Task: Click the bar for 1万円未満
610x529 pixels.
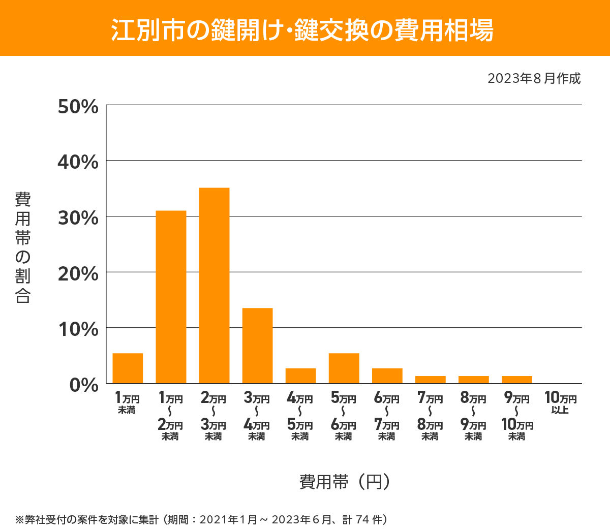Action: point(128,368)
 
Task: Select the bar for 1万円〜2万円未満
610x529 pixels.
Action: point(171,297)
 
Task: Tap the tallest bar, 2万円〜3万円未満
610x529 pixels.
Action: point(214,286)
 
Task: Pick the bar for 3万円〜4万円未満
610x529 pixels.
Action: point(257,346)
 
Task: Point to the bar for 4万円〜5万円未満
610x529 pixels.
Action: point(300,376)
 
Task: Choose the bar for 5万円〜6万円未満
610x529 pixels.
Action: point(344,368)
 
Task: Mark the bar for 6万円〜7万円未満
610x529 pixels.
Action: point(387,376)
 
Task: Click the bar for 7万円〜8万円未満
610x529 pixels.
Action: point(430,380)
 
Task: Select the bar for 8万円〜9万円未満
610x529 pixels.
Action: point(473,380)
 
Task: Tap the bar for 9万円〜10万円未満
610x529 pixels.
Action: point(516,380)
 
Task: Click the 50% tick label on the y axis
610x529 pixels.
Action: point(78,107)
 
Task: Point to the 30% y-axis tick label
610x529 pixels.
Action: point(78,218)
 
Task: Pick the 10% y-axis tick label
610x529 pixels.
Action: point(78,329)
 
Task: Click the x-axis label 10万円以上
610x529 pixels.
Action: point(560,402)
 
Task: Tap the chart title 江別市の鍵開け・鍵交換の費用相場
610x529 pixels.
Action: point(302,30)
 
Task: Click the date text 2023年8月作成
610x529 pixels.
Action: point(534,79)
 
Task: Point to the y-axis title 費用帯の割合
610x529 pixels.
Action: point(23,247)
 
